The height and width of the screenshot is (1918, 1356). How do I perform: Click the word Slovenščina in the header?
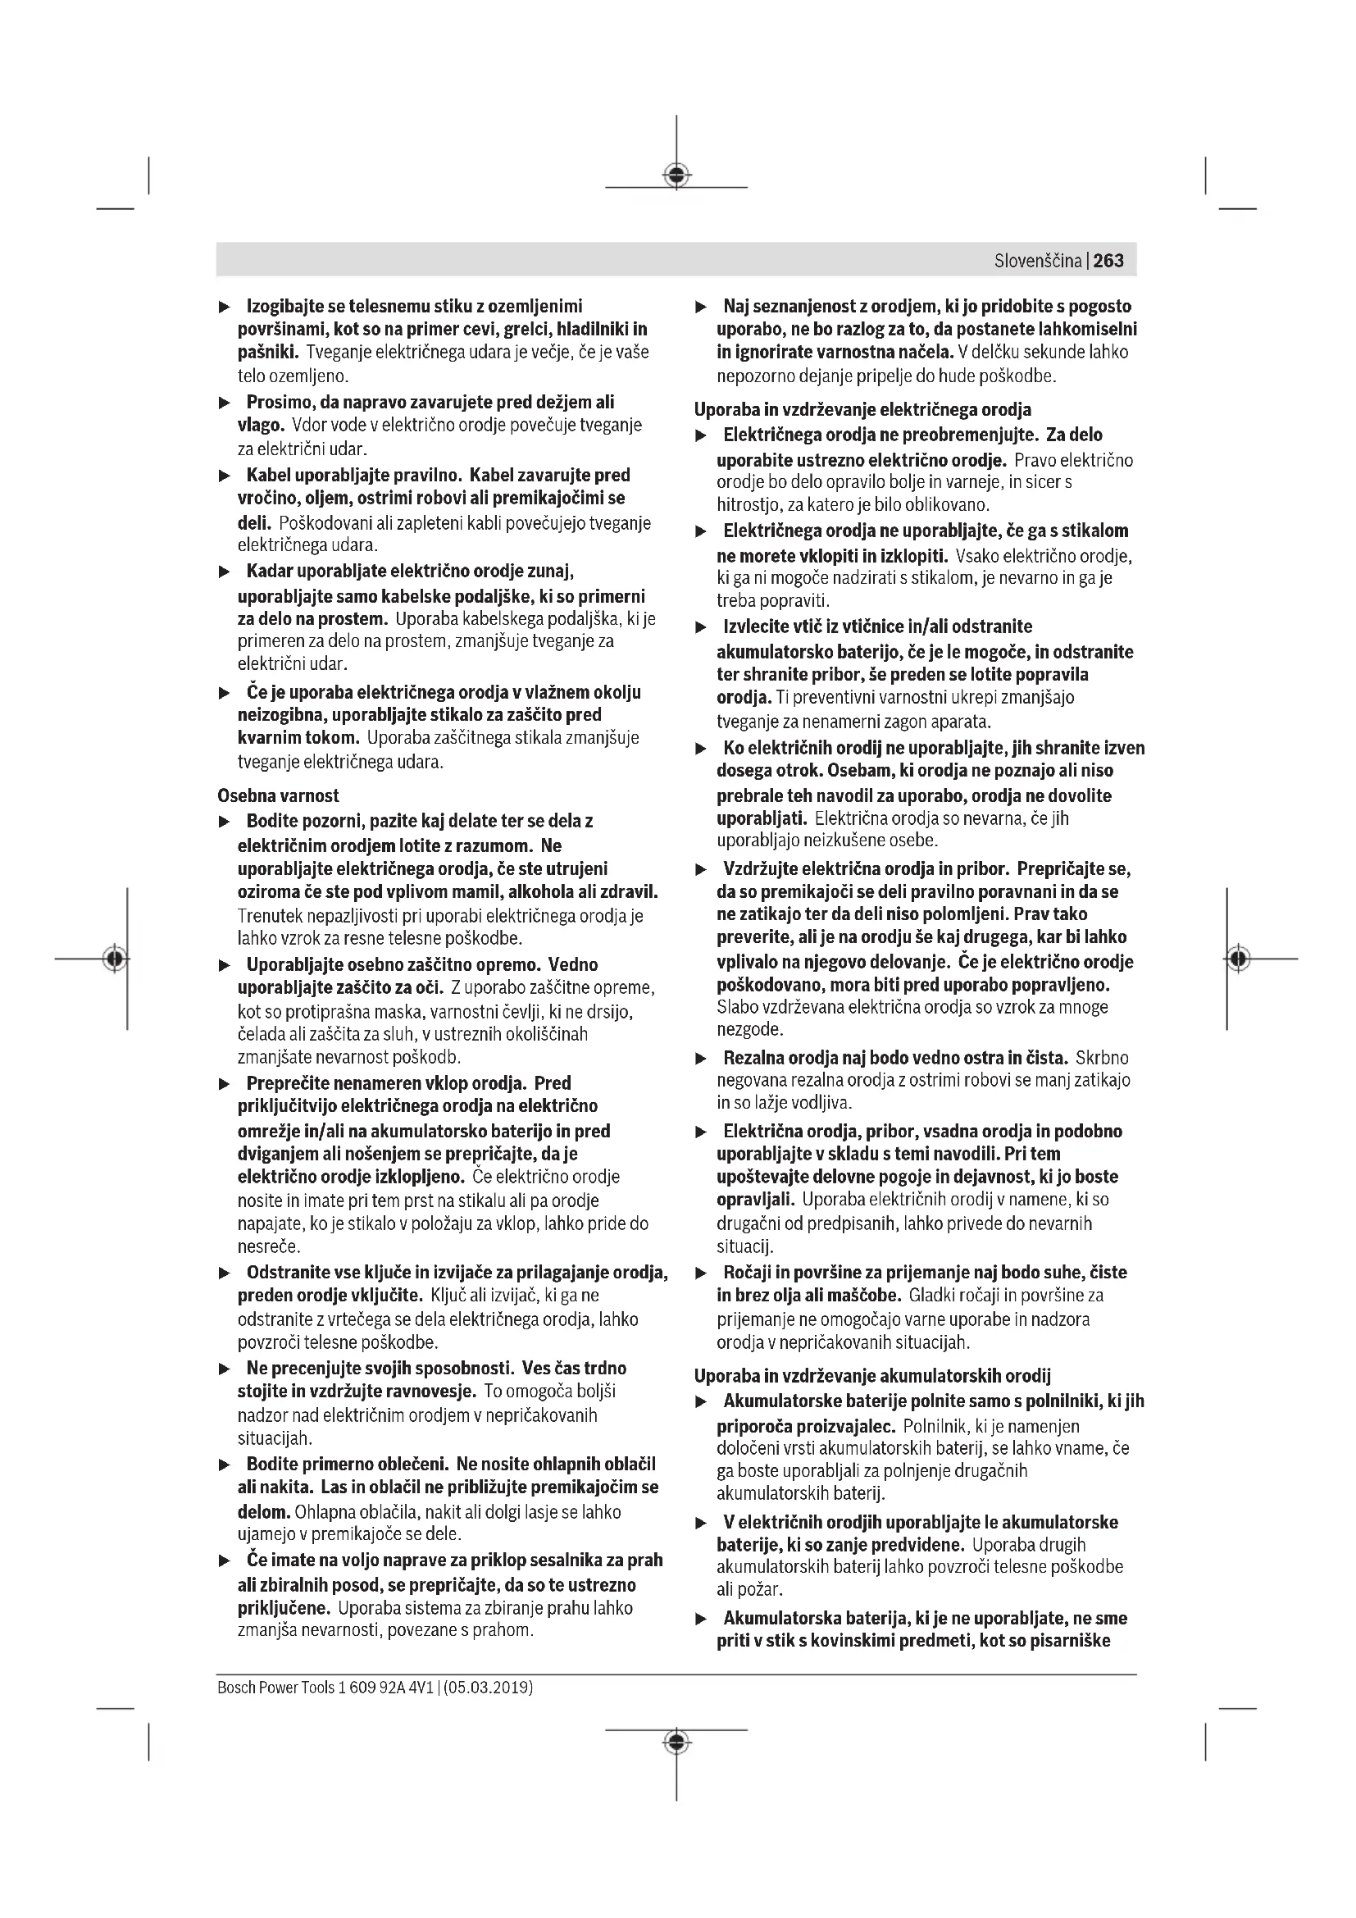point(1037,261)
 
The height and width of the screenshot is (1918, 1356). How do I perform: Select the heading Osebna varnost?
point(278,795)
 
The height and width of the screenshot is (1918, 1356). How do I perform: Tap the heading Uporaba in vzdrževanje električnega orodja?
point(862,409)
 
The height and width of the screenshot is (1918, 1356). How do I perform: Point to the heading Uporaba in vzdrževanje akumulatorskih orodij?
point(872,1375)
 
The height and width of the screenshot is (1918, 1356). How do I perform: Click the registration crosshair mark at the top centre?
point(676,175)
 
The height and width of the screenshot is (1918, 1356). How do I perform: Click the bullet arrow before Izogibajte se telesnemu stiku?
point(224,308)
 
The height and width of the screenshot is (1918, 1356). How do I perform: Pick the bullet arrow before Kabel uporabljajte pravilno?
point(224,476)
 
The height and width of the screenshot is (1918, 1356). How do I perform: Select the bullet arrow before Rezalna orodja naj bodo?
point(702,1059)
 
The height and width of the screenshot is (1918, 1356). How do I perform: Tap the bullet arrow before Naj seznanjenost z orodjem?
point(702,308)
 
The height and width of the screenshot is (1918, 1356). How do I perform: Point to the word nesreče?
point(269,1246)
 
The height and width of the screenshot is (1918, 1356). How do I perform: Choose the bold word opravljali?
point(755,1200)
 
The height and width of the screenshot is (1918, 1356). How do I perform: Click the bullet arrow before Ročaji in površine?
point(702,1273)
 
